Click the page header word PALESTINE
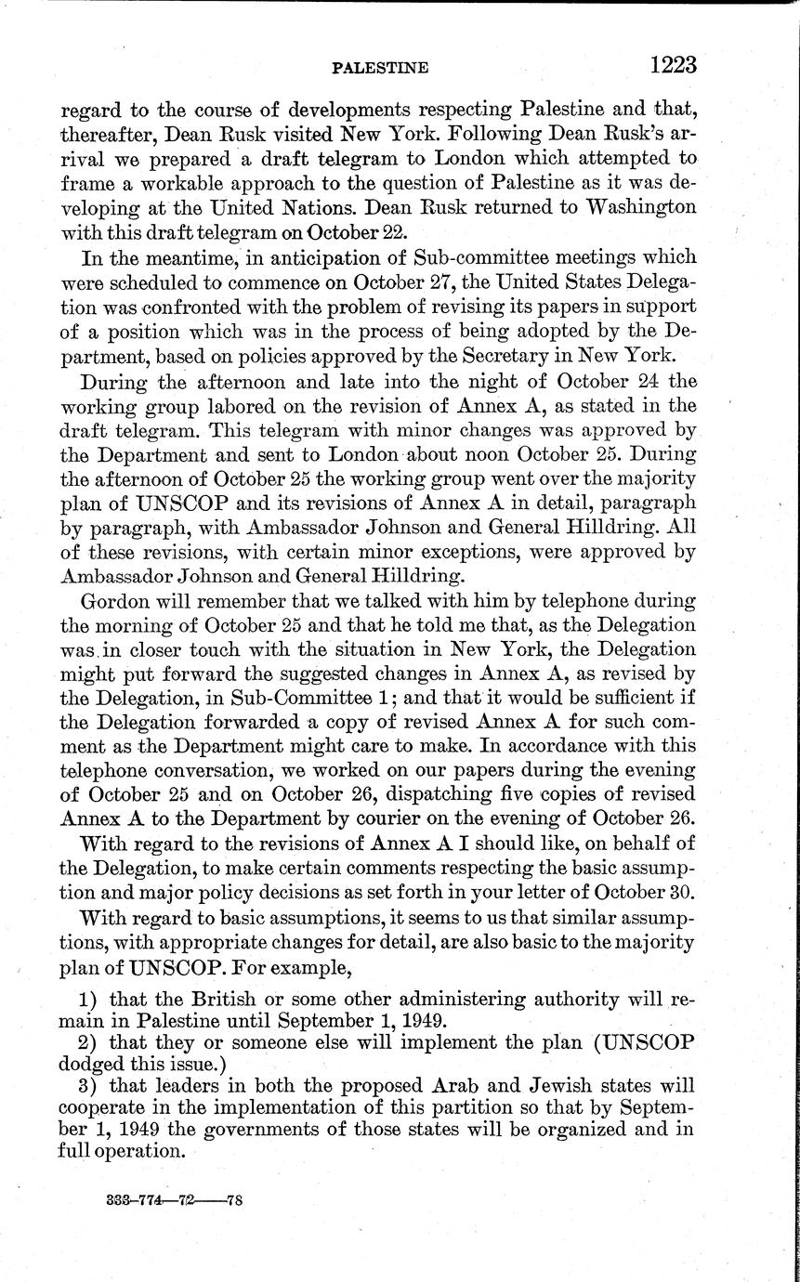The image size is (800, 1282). coord(379,68)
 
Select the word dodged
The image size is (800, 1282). coord(89,1062)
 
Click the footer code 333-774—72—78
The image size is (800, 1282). coord(175,1200)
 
